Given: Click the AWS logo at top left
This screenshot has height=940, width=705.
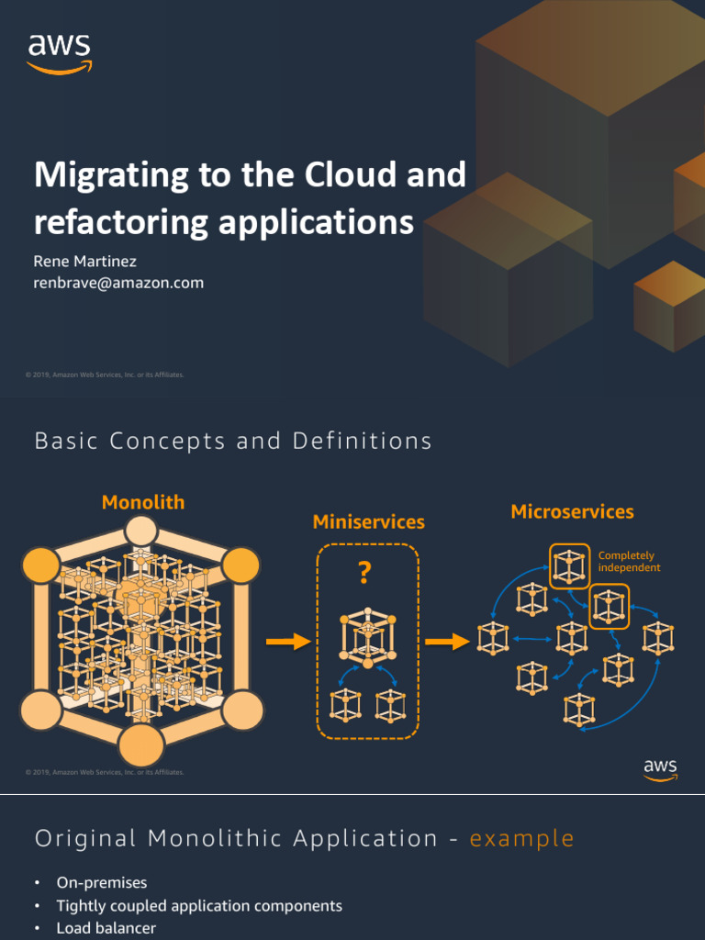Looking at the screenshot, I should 60,53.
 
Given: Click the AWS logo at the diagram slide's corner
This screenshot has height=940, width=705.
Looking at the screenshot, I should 660,769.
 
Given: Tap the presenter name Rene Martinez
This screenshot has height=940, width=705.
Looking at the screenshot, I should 85,262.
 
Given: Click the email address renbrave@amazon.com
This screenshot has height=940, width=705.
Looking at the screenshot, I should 118,283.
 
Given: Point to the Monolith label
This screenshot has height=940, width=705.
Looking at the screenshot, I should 142,502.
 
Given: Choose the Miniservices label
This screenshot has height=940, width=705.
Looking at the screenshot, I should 368,521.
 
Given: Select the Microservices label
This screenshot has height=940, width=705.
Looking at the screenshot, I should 572,511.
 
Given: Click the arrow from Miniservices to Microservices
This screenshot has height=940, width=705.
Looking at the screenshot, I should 447,643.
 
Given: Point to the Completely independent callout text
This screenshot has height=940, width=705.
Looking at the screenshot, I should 628,562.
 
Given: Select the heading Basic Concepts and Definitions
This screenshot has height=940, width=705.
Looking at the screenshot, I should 233,441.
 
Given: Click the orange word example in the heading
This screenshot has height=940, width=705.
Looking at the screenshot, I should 521,838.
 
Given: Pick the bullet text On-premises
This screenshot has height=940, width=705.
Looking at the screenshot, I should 102,882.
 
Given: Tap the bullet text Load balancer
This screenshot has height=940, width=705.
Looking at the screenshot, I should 106,928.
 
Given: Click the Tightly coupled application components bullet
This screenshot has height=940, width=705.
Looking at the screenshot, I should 199,905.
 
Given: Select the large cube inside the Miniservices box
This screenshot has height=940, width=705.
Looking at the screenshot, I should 367,635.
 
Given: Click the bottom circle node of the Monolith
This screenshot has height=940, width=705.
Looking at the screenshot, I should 141,744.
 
